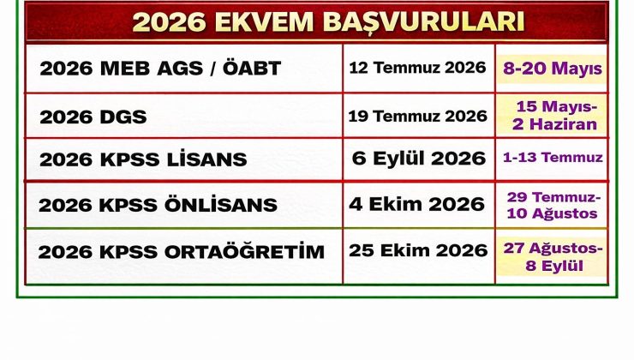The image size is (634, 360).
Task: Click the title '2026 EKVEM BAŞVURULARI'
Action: (x=317, y=21)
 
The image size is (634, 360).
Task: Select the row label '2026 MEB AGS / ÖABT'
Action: (x=160, y=69)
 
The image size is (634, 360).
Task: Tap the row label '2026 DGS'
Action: (x=93, y=116)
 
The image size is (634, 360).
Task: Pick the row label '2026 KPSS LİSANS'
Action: (x=143, y=159)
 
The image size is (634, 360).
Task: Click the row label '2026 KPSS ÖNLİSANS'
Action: (x=158, y=205)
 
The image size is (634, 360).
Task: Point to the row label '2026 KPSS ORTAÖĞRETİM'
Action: (x=182, y=252)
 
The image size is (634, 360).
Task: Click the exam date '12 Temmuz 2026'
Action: (x=417, y=67)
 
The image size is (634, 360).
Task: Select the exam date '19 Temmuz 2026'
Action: (x=417, y=116)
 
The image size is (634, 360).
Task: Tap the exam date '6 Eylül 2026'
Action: (x=417, y=158)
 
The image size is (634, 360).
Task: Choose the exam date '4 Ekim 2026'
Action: (x=417, y=204)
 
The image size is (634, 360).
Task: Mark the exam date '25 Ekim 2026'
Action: (x=417, y=250)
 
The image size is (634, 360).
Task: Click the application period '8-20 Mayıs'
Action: (x=553, y=68)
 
